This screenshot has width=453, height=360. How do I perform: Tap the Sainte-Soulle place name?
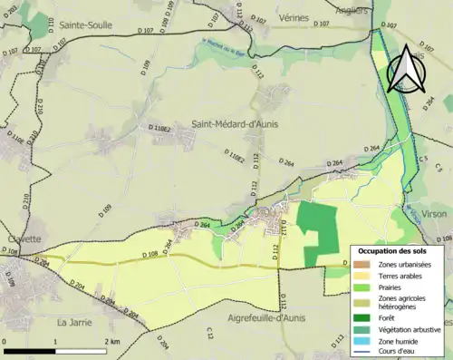click(85, 26)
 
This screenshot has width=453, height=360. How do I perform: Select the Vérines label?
click(294, 17)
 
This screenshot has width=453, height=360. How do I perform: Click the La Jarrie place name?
click(75, 321)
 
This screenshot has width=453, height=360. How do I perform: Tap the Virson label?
click(434, 213)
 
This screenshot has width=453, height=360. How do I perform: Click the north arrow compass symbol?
click(406, 69)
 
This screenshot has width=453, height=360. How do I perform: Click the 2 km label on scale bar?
click(111, 341)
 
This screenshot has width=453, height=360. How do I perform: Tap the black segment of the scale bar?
click(31, 350)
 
